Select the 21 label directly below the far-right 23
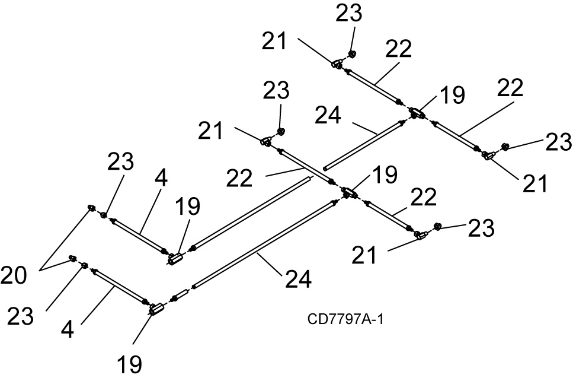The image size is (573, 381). tap(535, 184)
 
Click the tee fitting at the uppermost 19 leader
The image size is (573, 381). tap(417, 112)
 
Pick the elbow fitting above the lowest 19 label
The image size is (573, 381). tap(156, 308)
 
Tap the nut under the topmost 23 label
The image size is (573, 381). tap(351, 55)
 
